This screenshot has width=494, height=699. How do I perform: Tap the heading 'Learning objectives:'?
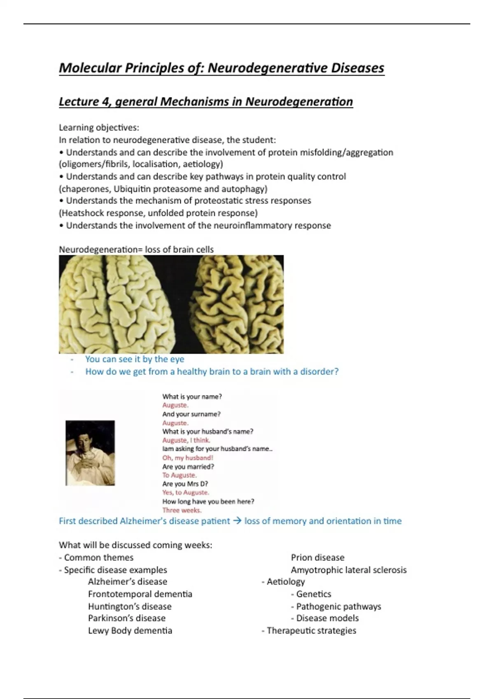99,127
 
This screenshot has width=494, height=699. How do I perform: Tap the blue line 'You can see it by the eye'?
135,359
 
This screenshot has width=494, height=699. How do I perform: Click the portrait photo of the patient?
90,453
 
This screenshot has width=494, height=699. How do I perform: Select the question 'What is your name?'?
192,397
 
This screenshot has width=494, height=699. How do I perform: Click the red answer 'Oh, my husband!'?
188,458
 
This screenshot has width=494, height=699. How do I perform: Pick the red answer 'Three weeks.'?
182,510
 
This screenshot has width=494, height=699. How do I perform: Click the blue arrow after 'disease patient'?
237,521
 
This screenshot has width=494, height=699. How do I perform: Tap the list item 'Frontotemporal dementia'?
140,594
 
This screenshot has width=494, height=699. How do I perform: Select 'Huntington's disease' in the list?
130,606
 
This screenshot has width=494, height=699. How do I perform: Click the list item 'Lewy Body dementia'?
130,631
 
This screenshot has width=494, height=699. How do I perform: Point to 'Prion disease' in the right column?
317,558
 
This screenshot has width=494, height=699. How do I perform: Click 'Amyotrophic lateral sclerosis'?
348,570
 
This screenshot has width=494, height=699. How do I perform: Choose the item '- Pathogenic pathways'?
336,606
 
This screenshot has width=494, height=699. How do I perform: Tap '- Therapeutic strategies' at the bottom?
309,631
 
